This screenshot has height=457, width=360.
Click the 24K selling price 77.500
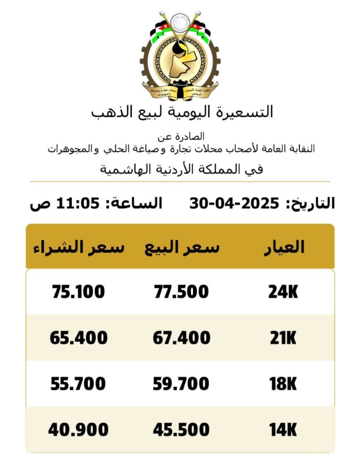(181, 291)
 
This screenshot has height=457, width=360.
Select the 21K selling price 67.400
(181, 338)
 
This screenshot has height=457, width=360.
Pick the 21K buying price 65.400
(78, 338)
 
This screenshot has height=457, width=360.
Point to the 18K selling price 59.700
(181, 384)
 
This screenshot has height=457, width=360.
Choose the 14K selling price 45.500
(181, 430)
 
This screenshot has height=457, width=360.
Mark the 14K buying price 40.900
(78, 430)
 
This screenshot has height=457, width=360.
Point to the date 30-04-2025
(234, 203)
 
